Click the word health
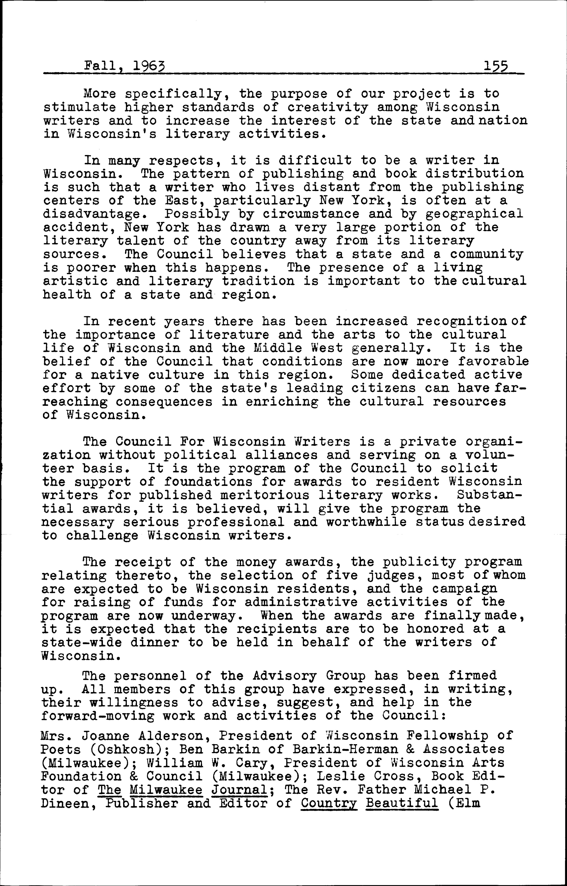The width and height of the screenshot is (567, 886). (67, 295)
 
